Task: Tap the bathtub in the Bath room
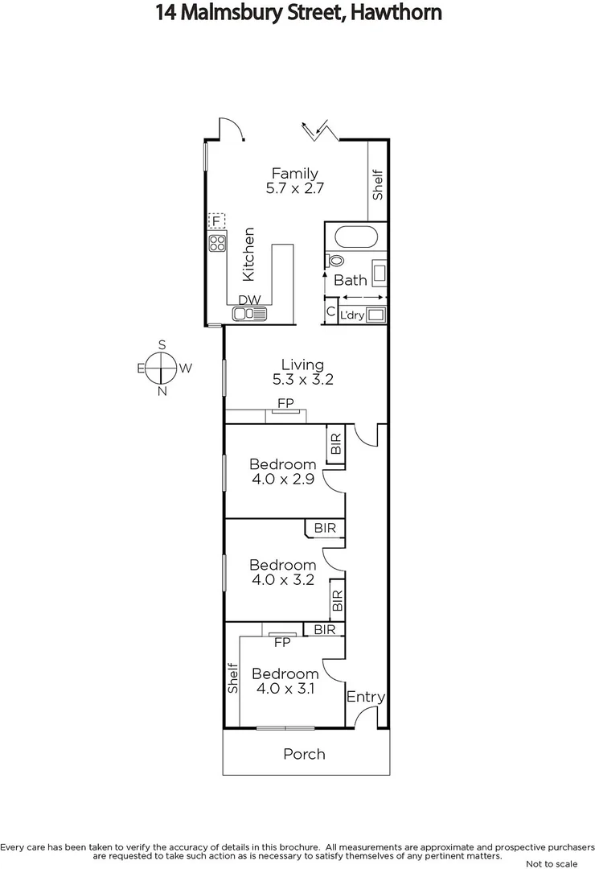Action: click(x=355, y=237)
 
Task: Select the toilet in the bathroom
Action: click(x=334, y=261)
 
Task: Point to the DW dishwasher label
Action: click(x=250, y=300)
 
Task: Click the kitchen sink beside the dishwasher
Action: click(x=249, y=314)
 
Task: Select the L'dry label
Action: click(x=352, y=315)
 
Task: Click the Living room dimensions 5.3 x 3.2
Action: click(x=302, y=380)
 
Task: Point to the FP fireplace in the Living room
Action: click(x=285, y=402)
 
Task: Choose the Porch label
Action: click(x=304, y=754)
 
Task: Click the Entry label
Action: click(x=366, y=697)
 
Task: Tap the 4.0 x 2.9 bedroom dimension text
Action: click(x=282, y=480)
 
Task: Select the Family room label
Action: click(x=294, y=173)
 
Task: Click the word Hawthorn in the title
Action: click(x=394, y=14)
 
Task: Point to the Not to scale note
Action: click(x=550, y=863)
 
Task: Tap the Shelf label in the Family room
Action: click(x=378, y=183)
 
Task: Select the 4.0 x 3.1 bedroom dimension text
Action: click(x=285, y=689)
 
